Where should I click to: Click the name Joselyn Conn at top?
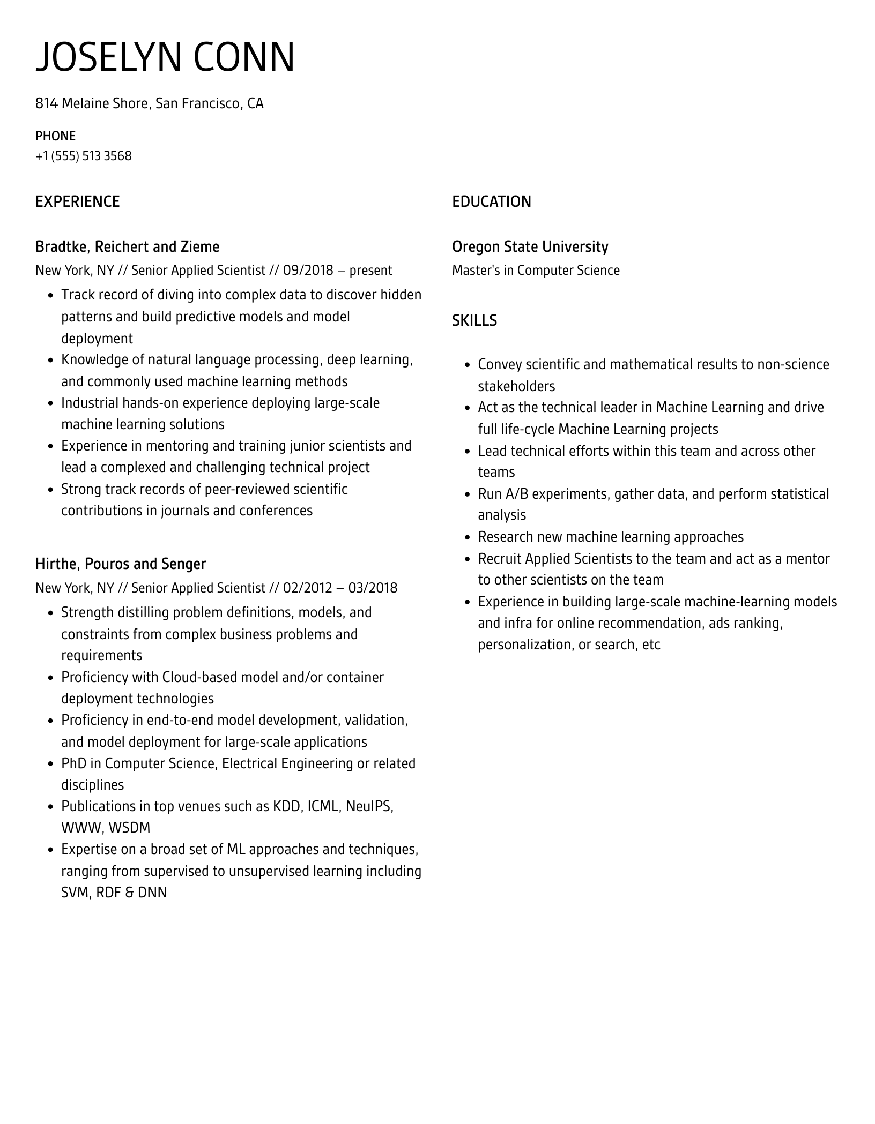[165, 57]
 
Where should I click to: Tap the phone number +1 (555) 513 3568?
[83, 156]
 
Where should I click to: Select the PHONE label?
[55, 136]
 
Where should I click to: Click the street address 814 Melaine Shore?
[92, 103]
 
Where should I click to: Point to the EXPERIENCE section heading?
[77, 202]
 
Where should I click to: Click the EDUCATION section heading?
[491, 202]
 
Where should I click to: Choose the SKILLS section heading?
[474, 320]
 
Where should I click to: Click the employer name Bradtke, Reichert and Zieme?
[127, 247]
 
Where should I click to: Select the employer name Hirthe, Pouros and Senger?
[120, 564]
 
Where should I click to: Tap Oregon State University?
[530, 247]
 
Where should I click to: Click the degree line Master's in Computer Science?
[535, 271]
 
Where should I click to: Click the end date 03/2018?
[373, 588]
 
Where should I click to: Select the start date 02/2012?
[308, 588]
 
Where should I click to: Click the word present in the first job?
[370, 271]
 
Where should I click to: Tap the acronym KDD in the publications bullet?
[286, 807]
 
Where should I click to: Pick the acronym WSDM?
[129, 828]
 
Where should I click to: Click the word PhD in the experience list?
[73, 763]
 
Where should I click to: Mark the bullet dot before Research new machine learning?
[466, 537]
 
